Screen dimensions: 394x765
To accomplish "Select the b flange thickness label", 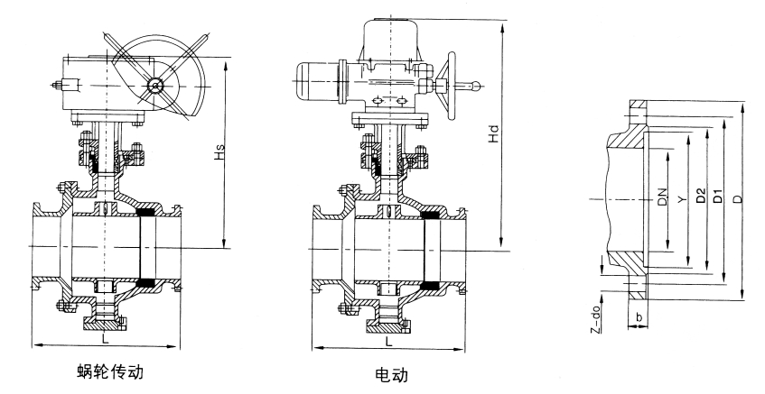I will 640,317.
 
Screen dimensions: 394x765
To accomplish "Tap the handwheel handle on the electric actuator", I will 468,87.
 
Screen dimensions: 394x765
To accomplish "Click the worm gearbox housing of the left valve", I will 99,85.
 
